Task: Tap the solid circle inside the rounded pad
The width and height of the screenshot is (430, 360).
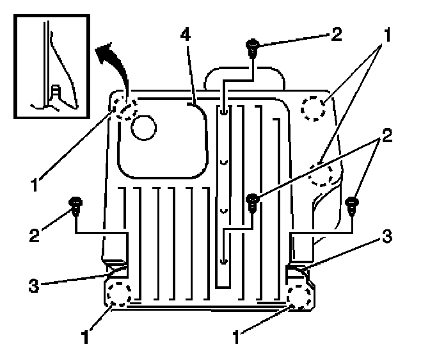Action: click(x=143, y=127)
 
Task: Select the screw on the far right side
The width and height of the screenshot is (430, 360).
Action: click(x=351, y=205)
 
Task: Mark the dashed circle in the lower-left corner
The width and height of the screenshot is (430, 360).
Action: click(x=118, y=293)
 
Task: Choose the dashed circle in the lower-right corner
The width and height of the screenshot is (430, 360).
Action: click(x=299, y=296)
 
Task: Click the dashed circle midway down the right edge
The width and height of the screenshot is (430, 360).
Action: click(x=324, y=173)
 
